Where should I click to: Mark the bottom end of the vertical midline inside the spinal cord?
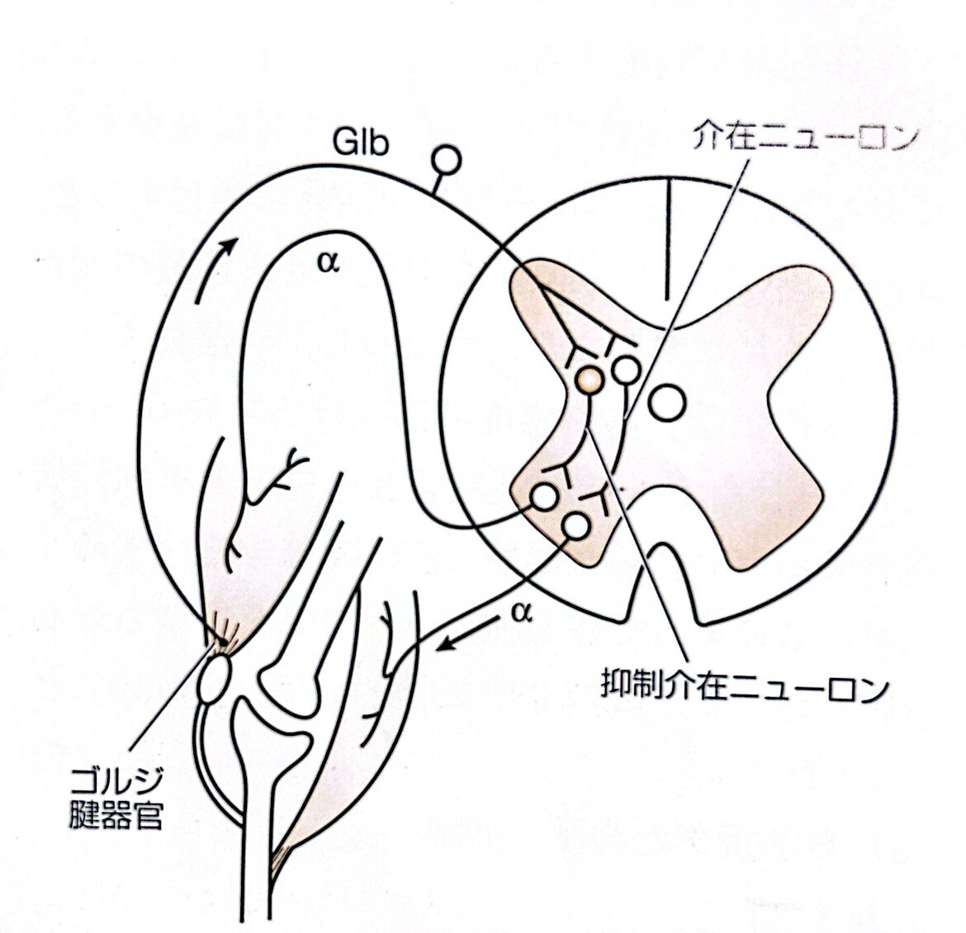666,299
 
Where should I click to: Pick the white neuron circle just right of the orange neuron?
627,370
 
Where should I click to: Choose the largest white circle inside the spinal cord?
666,403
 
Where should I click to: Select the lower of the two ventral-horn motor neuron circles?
576,526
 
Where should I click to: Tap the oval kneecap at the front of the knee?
213,679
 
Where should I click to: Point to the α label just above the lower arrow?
521,613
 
